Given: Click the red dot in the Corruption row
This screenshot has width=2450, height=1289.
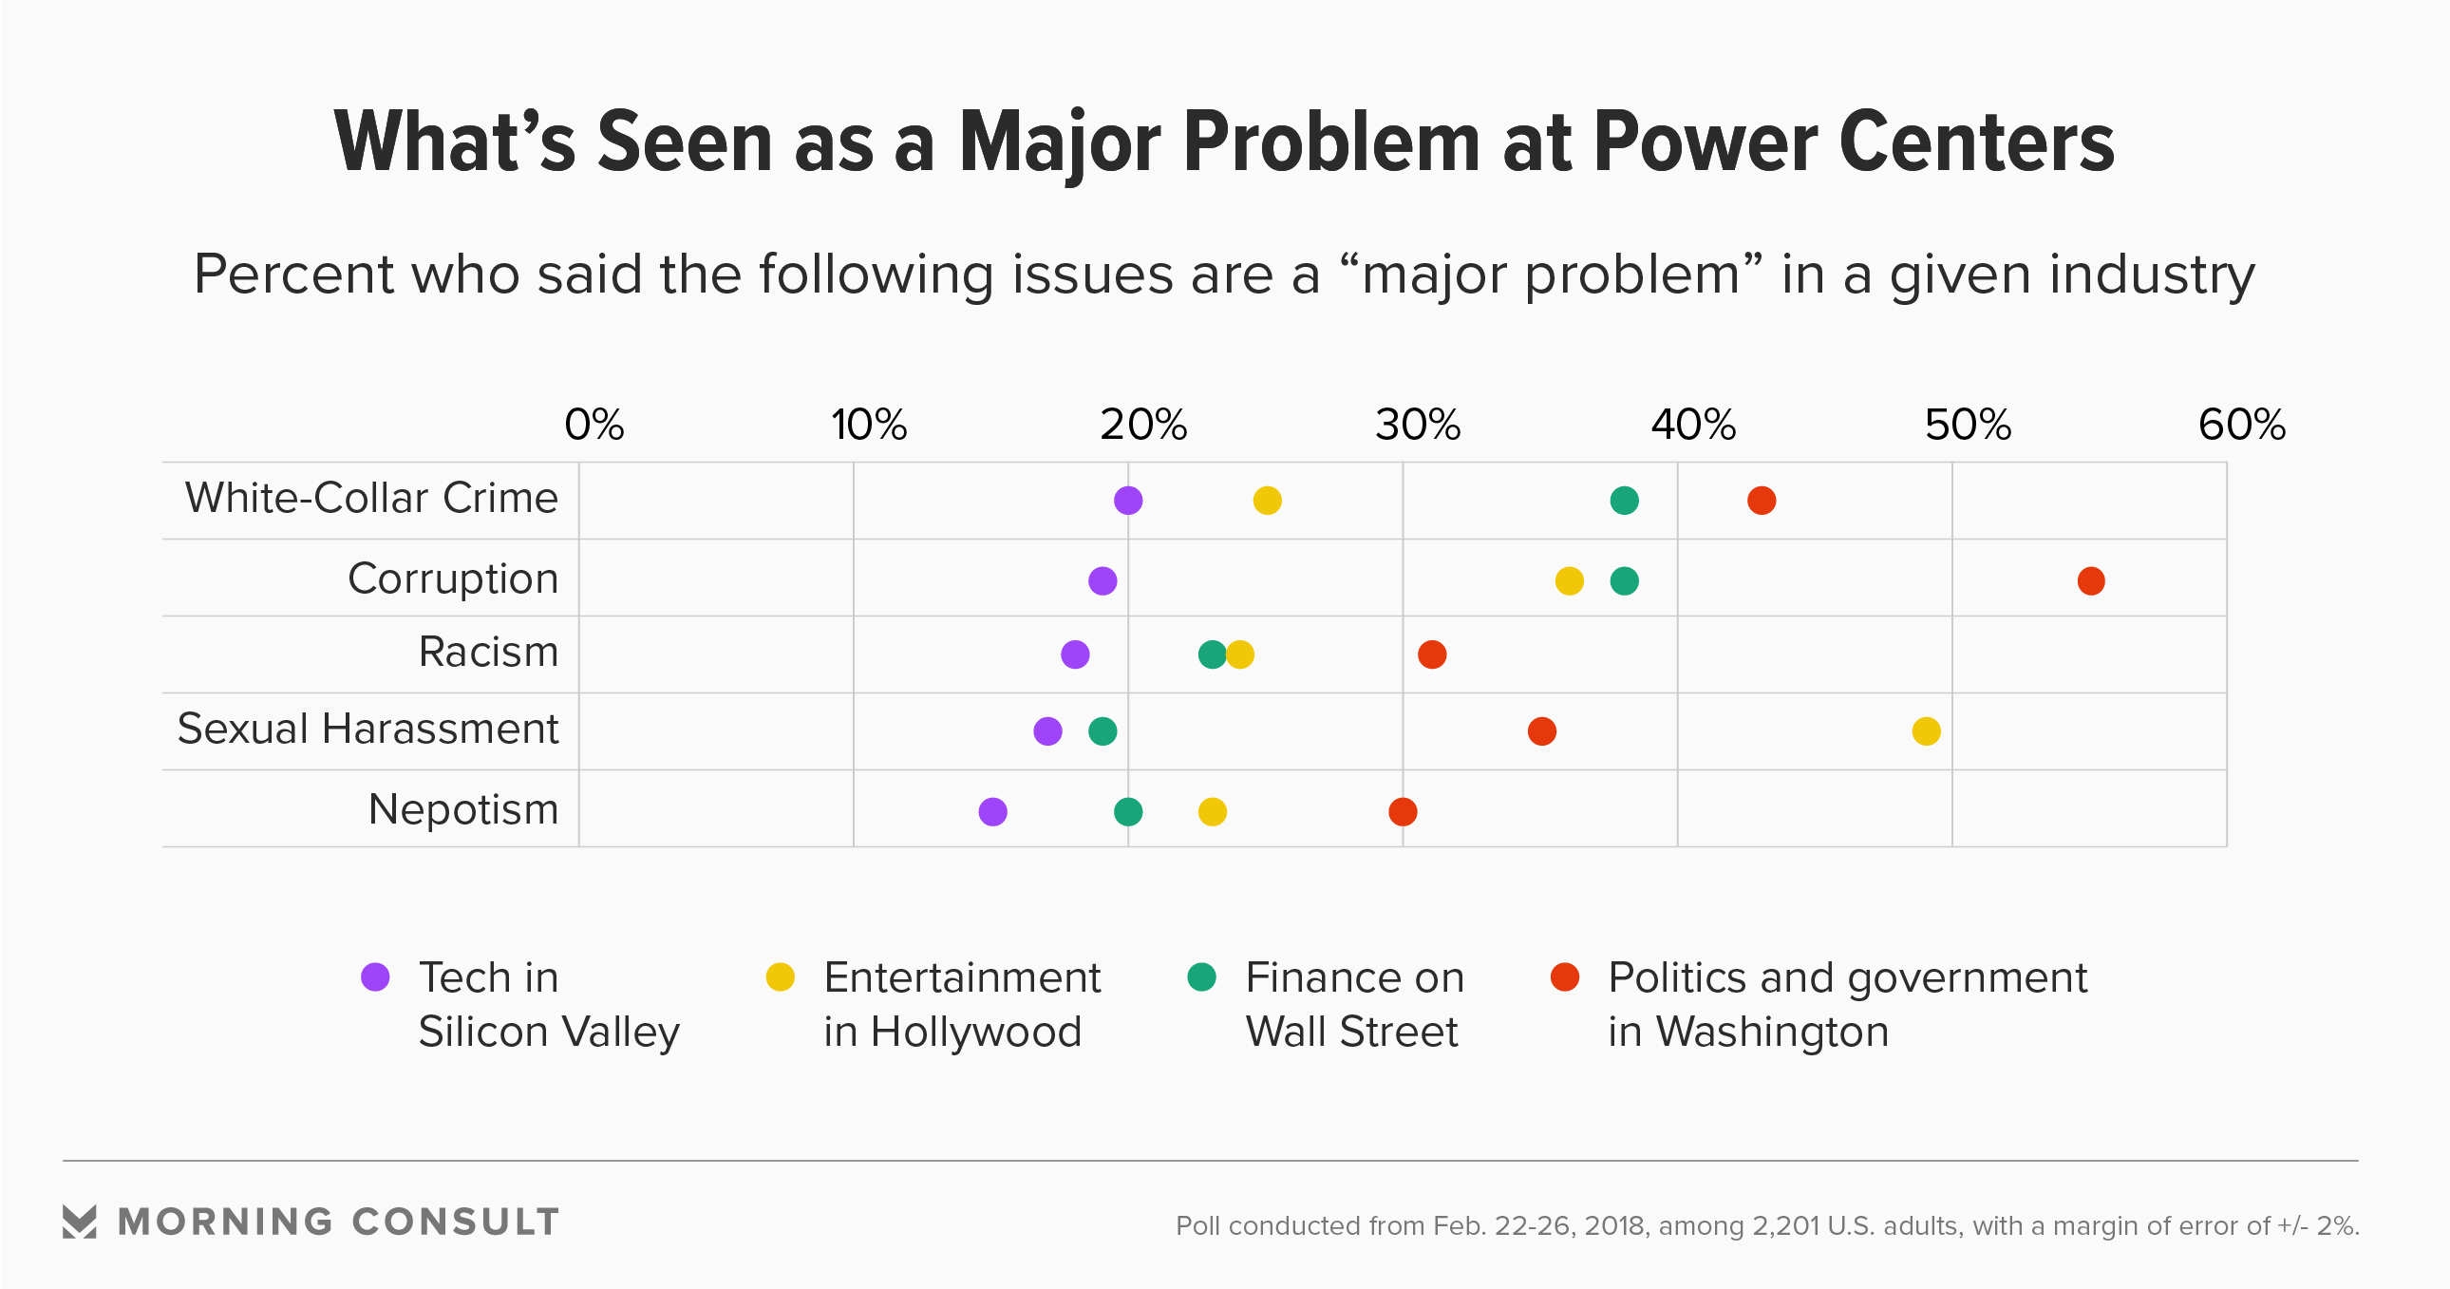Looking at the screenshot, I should (2090, 580).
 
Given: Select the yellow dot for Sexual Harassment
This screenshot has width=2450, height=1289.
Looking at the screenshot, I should (1926, 731).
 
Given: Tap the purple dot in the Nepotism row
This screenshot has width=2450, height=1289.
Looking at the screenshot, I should (992, 811).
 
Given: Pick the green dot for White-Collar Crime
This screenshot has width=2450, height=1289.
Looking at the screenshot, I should (1624, 501).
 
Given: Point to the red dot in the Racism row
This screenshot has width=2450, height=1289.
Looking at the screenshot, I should (1431, 654).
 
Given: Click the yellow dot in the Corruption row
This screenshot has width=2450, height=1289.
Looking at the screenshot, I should (1569, 580).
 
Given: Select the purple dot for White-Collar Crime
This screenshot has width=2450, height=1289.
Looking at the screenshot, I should (1128, 501).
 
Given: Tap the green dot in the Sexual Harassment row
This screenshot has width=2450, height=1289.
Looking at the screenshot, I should (1102, 731).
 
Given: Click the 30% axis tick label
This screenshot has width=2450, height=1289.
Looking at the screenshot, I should (1417, 425).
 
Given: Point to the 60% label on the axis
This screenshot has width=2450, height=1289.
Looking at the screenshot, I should (2241, 425).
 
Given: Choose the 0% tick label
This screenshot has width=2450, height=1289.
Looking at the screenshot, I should (594, 425).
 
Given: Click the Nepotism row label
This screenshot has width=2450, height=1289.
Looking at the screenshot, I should (463, 809).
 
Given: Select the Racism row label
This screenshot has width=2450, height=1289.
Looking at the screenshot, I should (488, 653).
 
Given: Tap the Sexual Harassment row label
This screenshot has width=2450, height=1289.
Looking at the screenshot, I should (367, 730).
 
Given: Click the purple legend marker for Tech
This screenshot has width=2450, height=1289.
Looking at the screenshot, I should (376, 977).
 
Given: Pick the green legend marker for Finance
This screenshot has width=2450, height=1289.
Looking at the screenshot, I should (1202, 977).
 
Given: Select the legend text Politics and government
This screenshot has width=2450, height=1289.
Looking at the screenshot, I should (1847, 978).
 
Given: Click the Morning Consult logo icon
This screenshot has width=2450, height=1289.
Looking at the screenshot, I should (79, 1222).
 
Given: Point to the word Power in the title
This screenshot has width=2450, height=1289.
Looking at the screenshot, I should (1706, 142).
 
